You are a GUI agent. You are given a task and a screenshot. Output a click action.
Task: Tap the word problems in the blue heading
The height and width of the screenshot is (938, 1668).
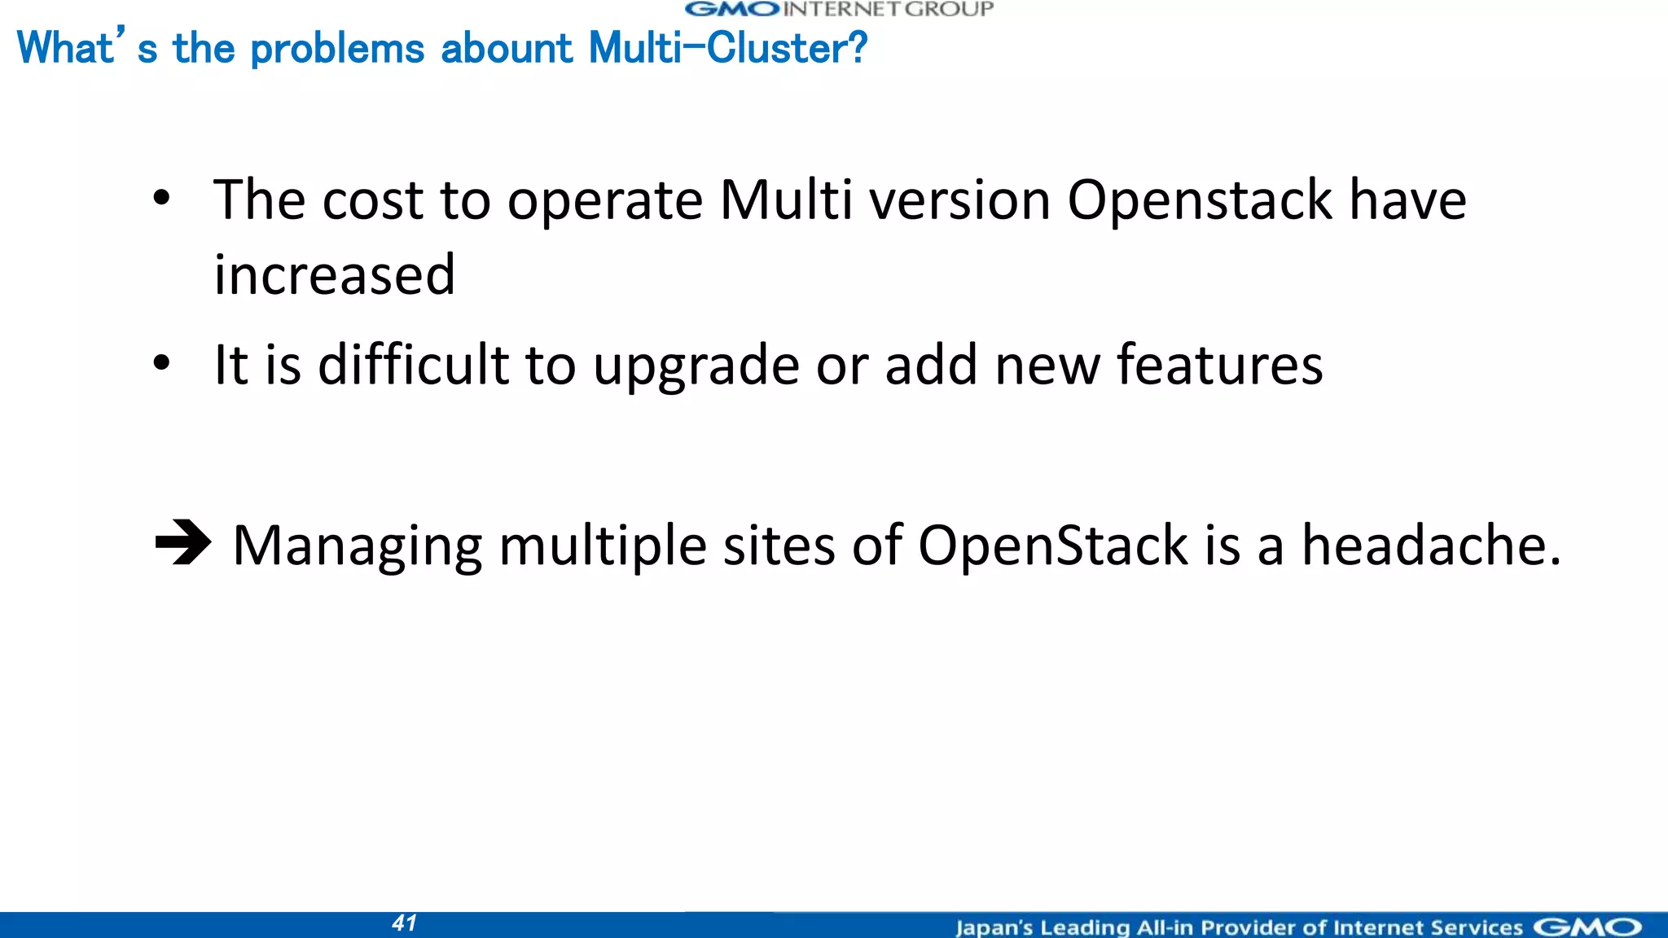pyautogui.click(x=337, y=50)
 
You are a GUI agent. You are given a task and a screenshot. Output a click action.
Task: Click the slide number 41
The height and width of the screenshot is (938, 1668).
pyautogui.click(x=405, y=923)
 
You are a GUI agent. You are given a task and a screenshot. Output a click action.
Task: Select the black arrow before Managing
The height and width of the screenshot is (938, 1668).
pyautogui.click(x=183, y=543)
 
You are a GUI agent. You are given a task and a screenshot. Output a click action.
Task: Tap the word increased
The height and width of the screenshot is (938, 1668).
pyautogui.click(x=334, y=274)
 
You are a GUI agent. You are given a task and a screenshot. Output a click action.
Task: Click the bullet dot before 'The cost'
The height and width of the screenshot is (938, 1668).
pyautogui.click(x=161, y=198)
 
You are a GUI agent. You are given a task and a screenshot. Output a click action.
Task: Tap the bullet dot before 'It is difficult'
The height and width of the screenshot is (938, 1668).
pyautogui.click(x=161, y=363)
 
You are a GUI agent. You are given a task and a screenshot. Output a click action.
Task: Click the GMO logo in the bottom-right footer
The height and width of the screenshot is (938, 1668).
pyautogui.click(x=1588, y=927)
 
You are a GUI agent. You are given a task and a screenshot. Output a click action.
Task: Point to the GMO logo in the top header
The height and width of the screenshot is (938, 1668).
pyautogui.click(x=733, y=9)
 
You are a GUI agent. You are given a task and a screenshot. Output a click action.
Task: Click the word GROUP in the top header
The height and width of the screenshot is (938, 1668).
pyautogui.click(x=949, y=9)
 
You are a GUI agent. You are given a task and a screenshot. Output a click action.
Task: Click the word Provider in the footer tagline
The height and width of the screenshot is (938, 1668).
pyautogui.click(x=1249, y=927)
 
